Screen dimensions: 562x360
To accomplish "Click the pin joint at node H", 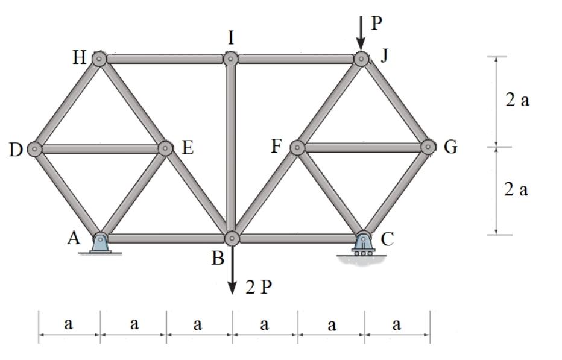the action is pos(99,58).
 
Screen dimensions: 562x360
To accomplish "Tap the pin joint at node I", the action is pos(230,58).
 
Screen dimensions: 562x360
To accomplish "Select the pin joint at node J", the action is pos(361,58).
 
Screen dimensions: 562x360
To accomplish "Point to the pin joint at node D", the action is pos(35,148).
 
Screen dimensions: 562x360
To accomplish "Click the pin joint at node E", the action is pos(165,148).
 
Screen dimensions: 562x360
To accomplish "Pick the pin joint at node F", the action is pos(297,147).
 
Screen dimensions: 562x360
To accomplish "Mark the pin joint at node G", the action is pos(428,147).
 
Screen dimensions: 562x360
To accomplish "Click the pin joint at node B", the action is pos(232,238).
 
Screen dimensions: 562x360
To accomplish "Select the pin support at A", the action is pos(100,243).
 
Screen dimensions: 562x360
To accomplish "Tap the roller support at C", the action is pos(363,244).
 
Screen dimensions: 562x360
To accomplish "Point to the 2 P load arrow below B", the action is pos(232,271).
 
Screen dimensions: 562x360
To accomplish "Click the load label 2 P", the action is pos(259,288).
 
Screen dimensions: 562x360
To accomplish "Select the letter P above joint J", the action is pos(376,24).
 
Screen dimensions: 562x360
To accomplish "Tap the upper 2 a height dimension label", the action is pos(517,100).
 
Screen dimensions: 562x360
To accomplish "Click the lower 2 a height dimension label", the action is pos(516,189).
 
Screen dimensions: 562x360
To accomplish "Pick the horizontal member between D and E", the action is pos(100,148).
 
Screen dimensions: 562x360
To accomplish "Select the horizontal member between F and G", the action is pos(362,147).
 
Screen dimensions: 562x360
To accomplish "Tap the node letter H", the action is pos(79,58).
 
